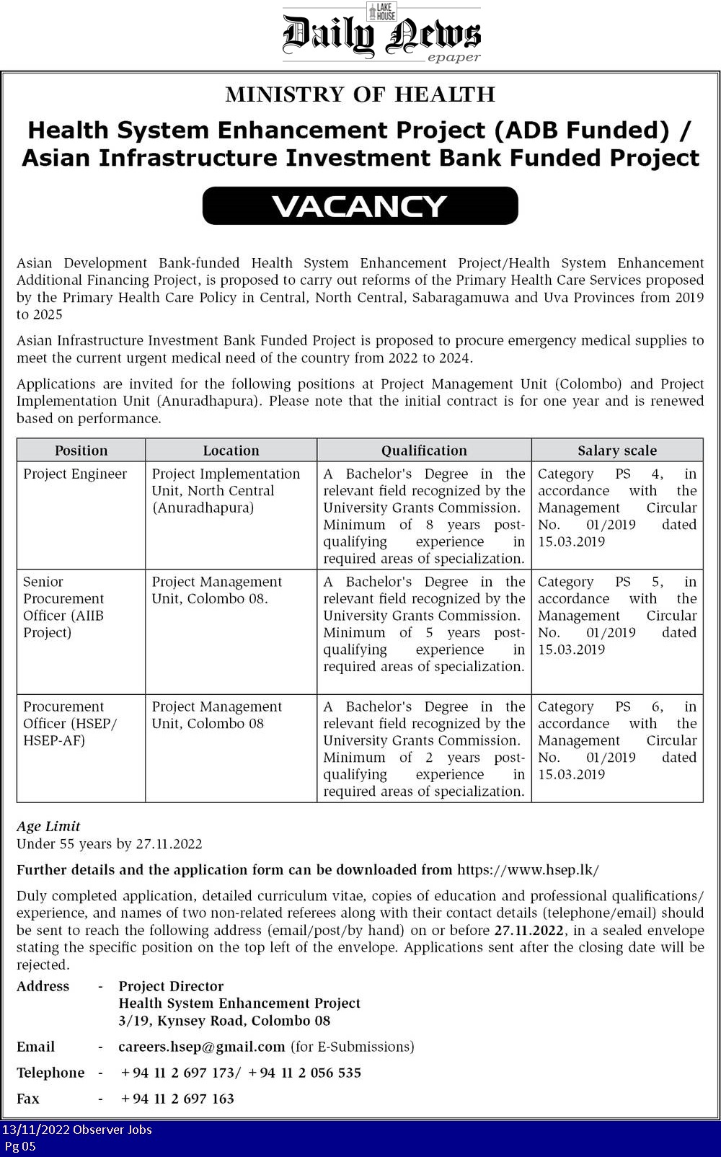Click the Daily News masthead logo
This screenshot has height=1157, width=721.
pyautogui.click(x=381, y=34)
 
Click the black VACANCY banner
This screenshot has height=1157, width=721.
pyautogui.click(x=360, y=206)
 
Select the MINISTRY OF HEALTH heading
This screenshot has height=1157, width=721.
pyautogui.click(x=360, y=94)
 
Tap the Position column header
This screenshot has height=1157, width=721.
pyautogui.click(x=81, y=451)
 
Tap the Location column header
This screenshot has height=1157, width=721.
pyautogui.click(x=231, y=451)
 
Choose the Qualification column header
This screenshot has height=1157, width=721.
pyautogui.click(x=424, y=451)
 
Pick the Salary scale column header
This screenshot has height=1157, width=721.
pyautogui.click(x=617, y=451)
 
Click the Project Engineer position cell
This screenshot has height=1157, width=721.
pyautogui.click(x=75, y=474)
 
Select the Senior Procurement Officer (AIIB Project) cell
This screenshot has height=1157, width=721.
pyautogui.click(x=64, y=607)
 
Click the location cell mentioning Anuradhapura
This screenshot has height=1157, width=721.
pyautogui.click(x=226, y=491)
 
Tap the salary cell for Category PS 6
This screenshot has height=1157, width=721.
pyautogui.click(x=617, y=740)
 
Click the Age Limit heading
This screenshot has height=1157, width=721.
pyautogui.click(x=48, y=826)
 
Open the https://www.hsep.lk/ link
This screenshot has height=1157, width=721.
pyautogui.click(x=528, y=869)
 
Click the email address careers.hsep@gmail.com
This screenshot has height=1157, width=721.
pyautogui.click(x=202, y=1047)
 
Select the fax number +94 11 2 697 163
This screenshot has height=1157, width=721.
pyautogui.click(x=177, y=1099)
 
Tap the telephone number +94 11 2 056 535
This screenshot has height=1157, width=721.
pyautogui.click(x=304, y=1073)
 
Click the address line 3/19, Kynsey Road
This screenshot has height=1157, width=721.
pyautogui.click(x=224, y=1021)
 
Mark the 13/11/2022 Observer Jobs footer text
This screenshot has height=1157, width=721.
pyautogui.click(x=77, y=1130)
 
